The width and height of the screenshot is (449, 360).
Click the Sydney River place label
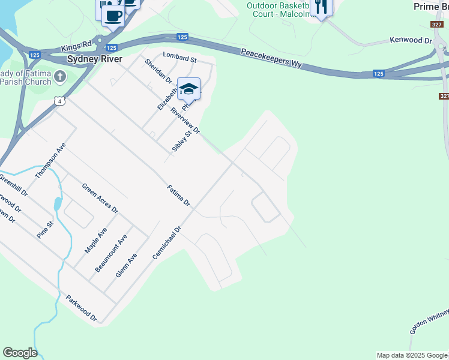click(x=95, y=59)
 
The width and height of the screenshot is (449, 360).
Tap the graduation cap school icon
click(x=188, y=89)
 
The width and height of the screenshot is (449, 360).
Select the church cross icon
click(x=60, y=76)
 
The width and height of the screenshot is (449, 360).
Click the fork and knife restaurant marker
click(x=322, y=7)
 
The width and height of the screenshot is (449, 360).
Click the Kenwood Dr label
click(x=411, y=40)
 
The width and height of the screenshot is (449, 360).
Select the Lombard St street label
click(x=179, y=59)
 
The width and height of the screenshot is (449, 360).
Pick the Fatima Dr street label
click(x=178, y=196)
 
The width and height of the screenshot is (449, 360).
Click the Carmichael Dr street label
click(x=166, y=243)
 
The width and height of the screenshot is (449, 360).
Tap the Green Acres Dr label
click(x=100, y=199)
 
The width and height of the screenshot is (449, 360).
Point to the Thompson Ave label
click(x=50, y=161)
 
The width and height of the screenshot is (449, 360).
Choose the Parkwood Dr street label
click(x=81, y=308)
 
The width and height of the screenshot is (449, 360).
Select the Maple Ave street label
click(x=96, y=240)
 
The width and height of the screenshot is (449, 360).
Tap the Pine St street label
click(x=45, y=230)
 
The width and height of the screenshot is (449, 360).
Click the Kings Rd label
click(x=76, y=47)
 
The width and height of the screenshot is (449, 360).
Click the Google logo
click(x=20, y=353)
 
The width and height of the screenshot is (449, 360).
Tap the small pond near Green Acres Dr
click(x=57, y=203)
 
